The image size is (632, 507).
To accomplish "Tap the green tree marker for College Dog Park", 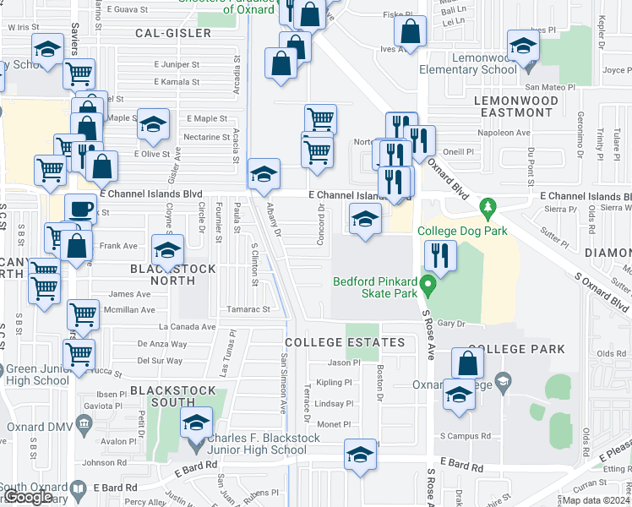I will [x=487, y=206].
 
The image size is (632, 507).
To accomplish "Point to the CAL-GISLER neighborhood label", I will [x=172, y=33].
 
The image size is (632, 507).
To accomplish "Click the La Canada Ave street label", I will [x=186, y=326].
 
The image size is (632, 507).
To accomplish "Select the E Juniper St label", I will [x=177, y=63].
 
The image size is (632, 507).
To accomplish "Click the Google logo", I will [x=27, y=497].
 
